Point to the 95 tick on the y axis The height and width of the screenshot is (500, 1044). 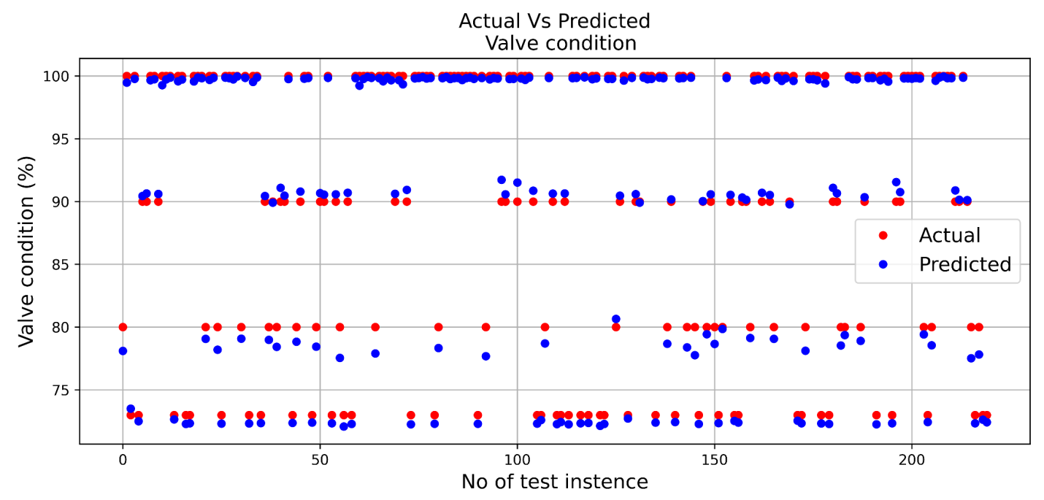coord(62,139)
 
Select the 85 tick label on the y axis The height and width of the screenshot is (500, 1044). coord(62,264)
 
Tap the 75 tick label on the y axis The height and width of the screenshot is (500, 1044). coord(62,390)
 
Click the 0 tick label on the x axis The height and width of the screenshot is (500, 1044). coord(123,461)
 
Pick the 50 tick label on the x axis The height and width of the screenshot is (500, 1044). coord(320,461)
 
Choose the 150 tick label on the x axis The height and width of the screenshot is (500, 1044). coord(714,461)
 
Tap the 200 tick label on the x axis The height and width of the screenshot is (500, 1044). coord(911,461)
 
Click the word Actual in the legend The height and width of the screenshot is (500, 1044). coord(949,235)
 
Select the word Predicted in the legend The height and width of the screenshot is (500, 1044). coord(964,264)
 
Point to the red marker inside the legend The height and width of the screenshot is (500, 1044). coord(883,235)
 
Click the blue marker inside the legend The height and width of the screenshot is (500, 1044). coord(883,264)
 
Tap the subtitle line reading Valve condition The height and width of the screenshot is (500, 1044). coord(561,43)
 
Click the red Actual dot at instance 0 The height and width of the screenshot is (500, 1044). coord(123,327)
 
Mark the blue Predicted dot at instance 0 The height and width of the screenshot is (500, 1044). coord(123,351)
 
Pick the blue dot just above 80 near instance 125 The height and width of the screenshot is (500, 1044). coord(615,319)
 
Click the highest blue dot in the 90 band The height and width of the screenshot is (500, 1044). coord(502,180)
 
